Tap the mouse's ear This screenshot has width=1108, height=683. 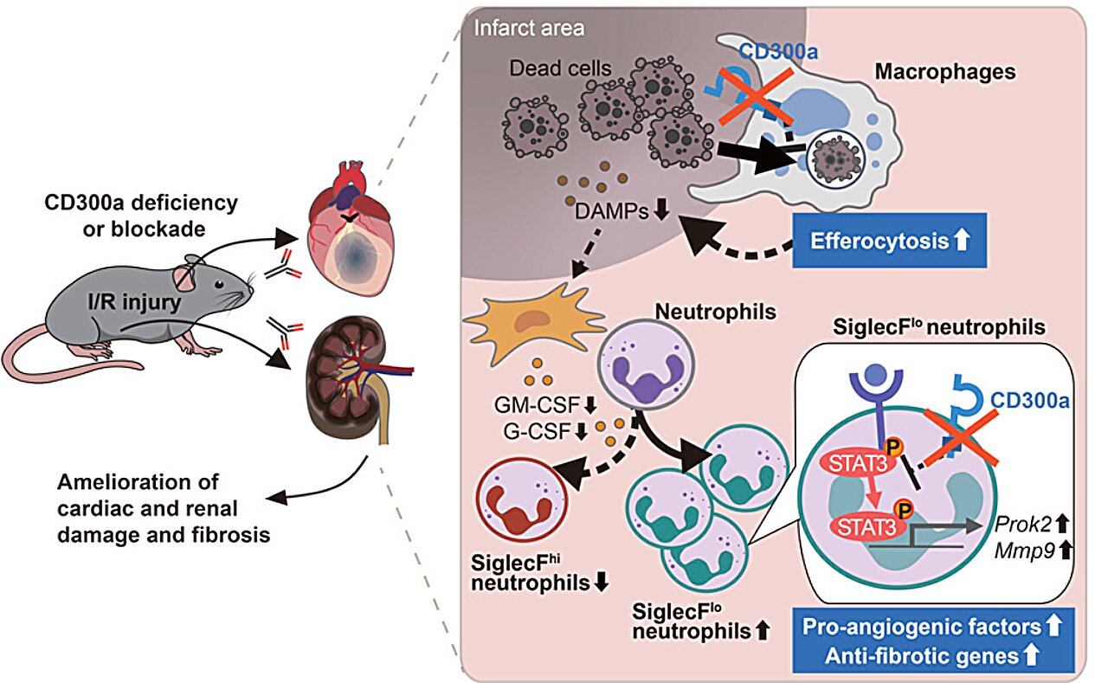[189, 274]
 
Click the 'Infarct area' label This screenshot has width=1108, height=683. [529, 28]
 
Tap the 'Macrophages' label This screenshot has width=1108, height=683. [944, 72]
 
